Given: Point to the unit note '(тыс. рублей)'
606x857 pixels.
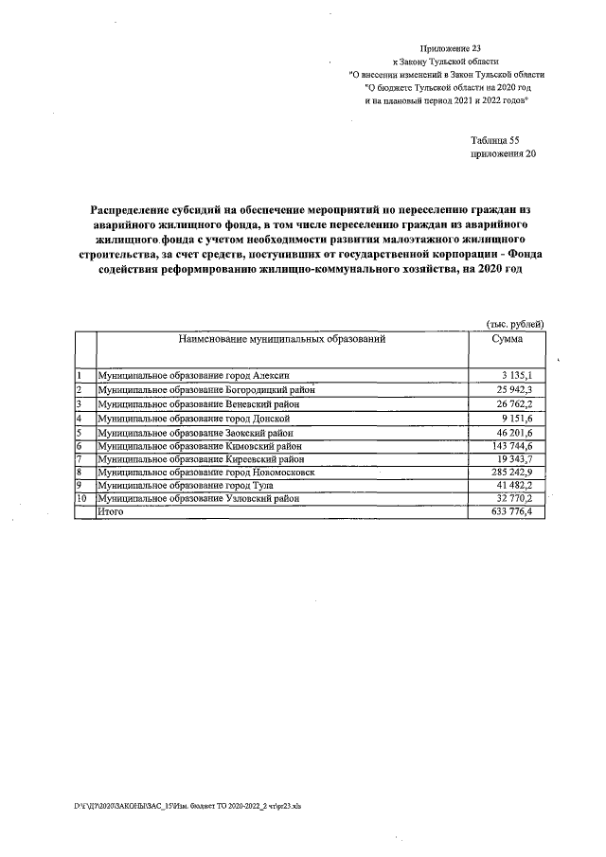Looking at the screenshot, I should pyautogui.click(x=514, y=323).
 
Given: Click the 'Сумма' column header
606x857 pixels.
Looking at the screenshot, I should pyautogui.click(x=512, y=338).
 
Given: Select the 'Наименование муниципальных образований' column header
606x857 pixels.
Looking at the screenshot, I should pyautogui.click(x=281, y=338).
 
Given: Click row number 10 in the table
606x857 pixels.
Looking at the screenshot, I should pyautogui.click(x=82, y=498).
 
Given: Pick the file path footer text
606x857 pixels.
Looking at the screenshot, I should pyautogui.click(x=187, y=806).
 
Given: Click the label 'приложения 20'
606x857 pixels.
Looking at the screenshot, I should pyautogui.click(x=503, y=153).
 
